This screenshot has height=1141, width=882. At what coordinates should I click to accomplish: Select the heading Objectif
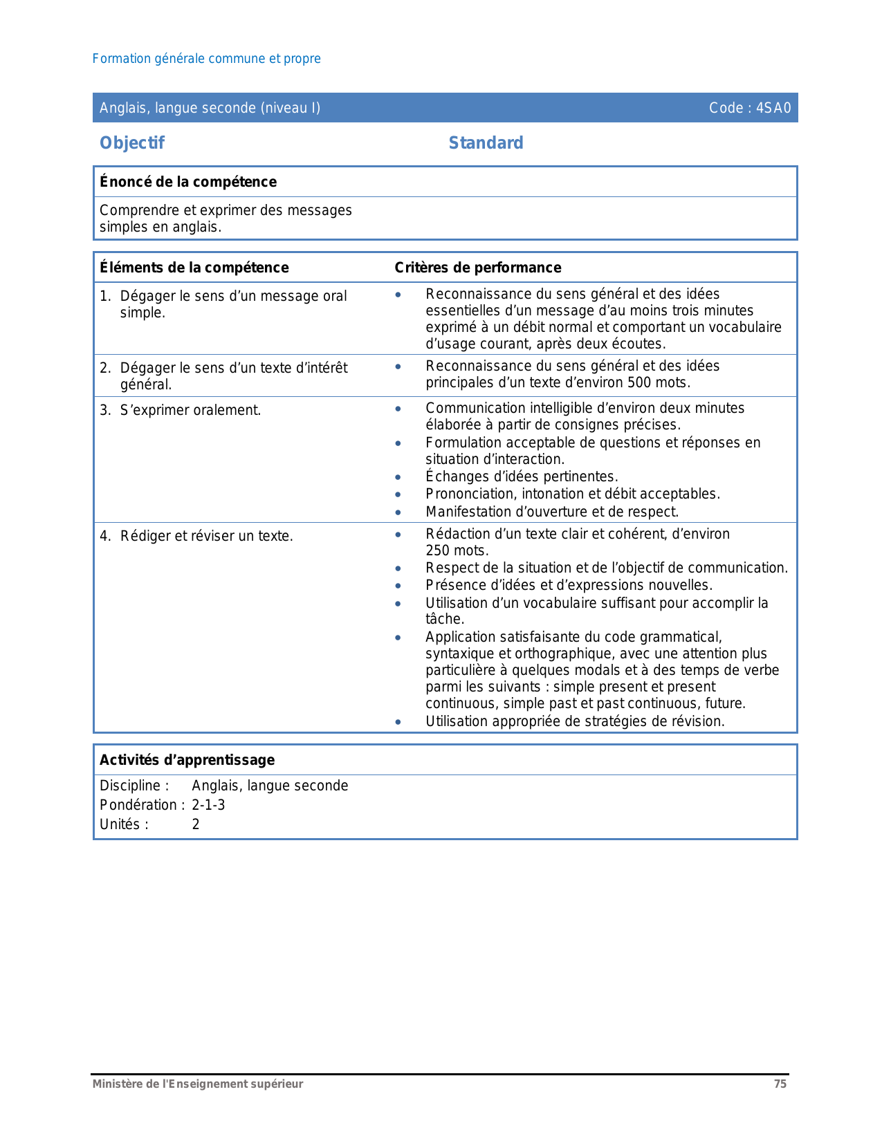132,143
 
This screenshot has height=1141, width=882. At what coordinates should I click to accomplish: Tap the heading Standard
486,143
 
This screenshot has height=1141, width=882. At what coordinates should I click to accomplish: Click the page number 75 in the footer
780,1084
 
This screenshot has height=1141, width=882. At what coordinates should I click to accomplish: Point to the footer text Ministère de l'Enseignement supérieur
198,1084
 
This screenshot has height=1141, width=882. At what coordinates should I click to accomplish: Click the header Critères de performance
477,268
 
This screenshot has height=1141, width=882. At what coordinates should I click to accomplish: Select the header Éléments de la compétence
194,268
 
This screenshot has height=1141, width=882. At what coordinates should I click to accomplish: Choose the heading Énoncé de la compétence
188,182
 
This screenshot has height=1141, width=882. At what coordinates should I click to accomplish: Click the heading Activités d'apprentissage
187,760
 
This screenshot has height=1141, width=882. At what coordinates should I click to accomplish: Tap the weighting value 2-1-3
208,805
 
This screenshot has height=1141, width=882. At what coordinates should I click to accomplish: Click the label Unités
123,824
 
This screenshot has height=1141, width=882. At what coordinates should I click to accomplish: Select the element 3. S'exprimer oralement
181,410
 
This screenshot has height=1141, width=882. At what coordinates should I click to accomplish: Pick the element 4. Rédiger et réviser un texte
196,536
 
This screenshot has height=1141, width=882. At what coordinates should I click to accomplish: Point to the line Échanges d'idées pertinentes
522,476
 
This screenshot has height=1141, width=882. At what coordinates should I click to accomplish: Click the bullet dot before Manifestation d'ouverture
398,512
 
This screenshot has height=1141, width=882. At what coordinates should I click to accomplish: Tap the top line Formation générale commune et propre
206,59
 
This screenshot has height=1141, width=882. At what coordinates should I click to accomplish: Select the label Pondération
141,805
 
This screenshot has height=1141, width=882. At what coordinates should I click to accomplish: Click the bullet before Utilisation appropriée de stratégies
398,722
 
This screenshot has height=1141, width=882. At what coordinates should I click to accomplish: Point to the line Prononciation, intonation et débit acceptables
573,494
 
